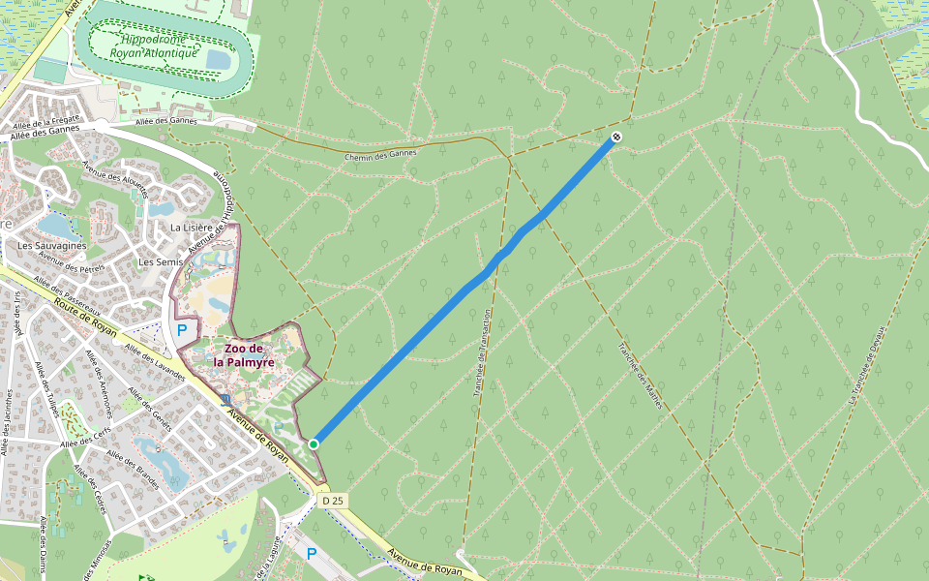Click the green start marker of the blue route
click(x=314, y=443)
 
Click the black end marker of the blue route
click(x=615, y=138)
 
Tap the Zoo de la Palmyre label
click(x=244, y=355)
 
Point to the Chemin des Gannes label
click(x=380, y=154)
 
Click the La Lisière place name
click(x=190, y=228)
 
